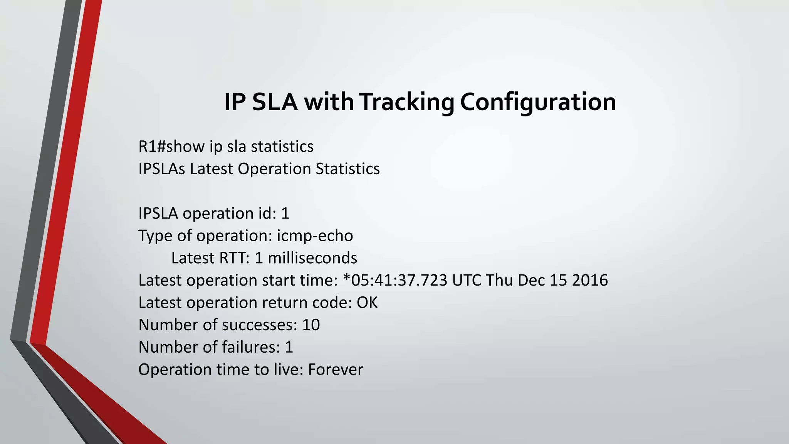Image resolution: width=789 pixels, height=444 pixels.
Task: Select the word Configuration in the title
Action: coord(538,102)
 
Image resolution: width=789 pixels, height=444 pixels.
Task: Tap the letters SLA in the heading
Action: coord(275,102)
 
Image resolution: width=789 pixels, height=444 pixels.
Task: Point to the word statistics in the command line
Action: coord(282,147)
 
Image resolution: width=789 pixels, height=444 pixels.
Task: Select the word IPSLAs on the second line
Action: coord(162,169)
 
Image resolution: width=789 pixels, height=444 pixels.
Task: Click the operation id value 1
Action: coord(285,214)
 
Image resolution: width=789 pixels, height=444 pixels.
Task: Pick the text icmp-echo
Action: coord(315,236)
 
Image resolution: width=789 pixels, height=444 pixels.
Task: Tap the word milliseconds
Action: coord(312,258)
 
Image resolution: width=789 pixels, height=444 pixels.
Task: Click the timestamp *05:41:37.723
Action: coord(395,281)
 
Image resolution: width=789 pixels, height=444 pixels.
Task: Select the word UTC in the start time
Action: coord(467,281)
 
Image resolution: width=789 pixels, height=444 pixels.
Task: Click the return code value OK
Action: coord(367,303)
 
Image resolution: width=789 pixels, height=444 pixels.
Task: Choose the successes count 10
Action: coord(311,325)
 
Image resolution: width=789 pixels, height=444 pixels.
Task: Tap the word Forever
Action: coord(335,370)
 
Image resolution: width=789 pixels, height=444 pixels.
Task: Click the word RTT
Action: coord(234,258)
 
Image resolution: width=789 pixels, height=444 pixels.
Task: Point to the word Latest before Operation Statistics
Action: coord(212,169)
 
